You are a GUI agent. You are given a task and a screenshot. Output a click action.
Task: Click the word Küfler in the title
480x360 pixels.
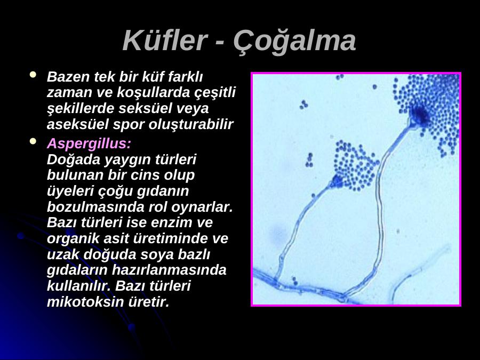[x=165, y=41]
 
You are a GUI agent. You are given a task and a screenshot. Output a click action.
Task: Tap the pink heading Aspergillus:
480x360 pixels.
[x=89, y=143]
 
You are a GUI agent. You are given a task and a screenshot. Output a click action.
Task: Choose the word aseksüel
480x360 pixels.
[x=78, y=124]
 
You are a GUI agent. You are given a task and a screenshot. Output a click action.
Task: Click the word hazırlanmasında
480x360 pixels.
[x=169, y=270]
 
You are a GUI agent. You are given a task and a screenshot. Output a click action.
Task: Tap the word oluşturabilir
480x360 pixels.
[x=191, y=124]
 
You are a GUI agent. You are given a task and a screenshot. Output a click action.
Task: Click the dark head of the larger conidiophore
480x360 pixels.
[x=420, y=115]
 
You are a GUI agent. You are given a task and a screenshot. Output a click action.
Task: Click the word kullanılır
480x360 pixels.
[x=79, y=286]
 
